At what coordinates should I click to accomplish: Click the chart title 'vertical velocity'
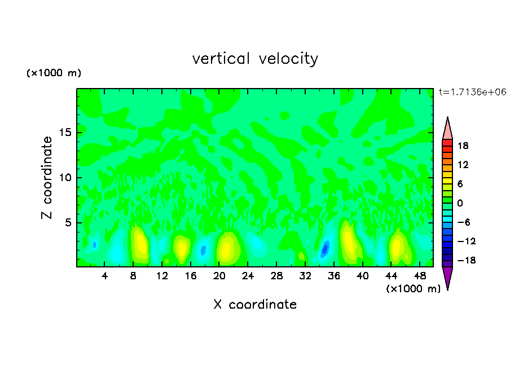255,59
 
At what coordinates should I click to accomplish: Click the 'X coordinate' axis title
255,305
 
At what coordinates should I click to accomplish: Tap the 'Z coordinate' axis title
47,178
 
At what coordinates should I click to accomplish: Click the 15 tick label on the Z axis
65,133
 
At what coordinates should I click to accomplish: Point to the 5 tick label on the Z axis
68,223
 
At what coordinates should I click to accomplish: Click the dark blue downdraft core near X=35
325,248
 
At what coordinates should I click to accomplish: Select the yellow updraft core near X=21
226,248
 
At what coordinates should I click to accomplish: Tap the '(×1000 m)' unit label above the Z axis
54,73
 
